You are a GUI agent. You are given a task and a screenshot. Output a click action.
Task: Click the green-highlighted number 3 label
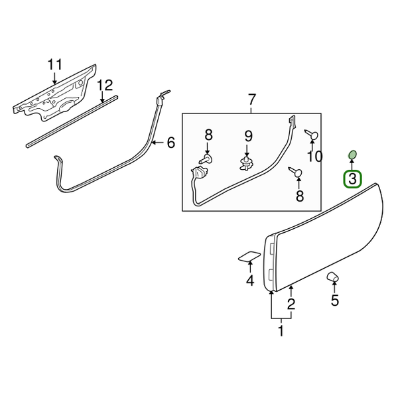[x=352, y=178]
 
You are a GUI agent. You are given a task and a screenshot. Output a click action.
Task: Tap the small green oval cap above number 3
[x=352, y=155]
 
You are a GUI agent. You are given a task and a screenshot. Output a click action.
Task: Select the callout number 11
[x=54, y=65]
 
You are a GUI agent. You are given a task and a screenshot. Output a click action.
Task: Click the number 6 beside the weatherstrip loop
[x=170, y=142]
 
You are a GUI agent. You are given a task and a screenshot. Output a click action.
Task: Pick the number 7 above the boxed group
[x=251, y=100]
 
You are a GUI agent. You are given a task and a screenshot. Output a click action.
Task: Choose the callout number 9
[x=248, y=136]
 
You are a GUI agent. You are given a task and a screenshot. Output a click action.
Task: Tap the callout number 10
[x=314, y=157]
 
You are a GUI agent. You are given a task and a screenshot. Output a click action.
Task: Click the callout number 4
[x=249, y=281]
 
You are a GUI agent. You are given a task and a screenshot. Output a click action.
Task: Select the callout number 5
[x=334, y=300]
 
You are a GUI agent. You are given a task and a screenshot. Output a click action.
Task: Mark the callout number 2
[x=291, y=304]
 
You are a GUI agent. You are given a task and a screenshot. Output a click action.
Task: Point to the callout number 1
[x=281, y=330]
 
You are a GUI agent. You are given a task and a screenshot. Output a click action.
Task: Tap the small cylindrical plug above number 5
[x=332, y=277]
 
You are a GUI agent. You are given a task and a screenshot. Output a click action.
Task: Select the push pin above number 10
[x=312, y=136]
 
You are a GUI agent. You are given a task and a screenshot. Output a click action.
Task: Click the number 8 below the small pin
[x=299, y=196]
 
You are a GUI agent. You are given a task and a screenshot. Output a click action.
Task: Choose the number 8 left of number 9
[x=208, y=136]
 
